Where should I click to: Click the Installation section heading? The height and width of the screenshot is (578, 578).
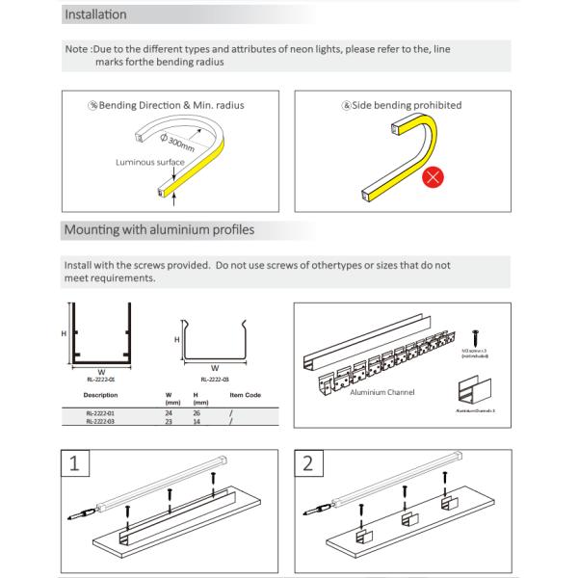[x=95, y=16]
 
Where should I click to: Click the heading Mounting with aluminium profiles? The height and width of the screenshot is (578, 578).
[x=159, y=231]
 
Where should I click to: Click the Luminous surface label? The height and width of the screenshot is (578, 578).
[x=149, y=163]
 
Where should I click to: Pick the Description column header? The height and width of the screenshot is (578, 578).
[x=101, y=395]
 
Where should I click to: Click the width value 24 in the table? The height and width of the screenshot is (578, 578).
[x=169, y=411]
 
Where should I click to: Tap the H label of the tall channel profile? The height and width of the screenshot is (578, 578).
[x=64, y=333]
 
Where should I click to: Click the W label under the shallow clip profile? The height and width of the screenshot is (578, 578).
[x=213, y=367]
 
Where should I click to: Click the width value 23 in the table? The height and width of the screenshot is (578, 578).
[x=169, y=421]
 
